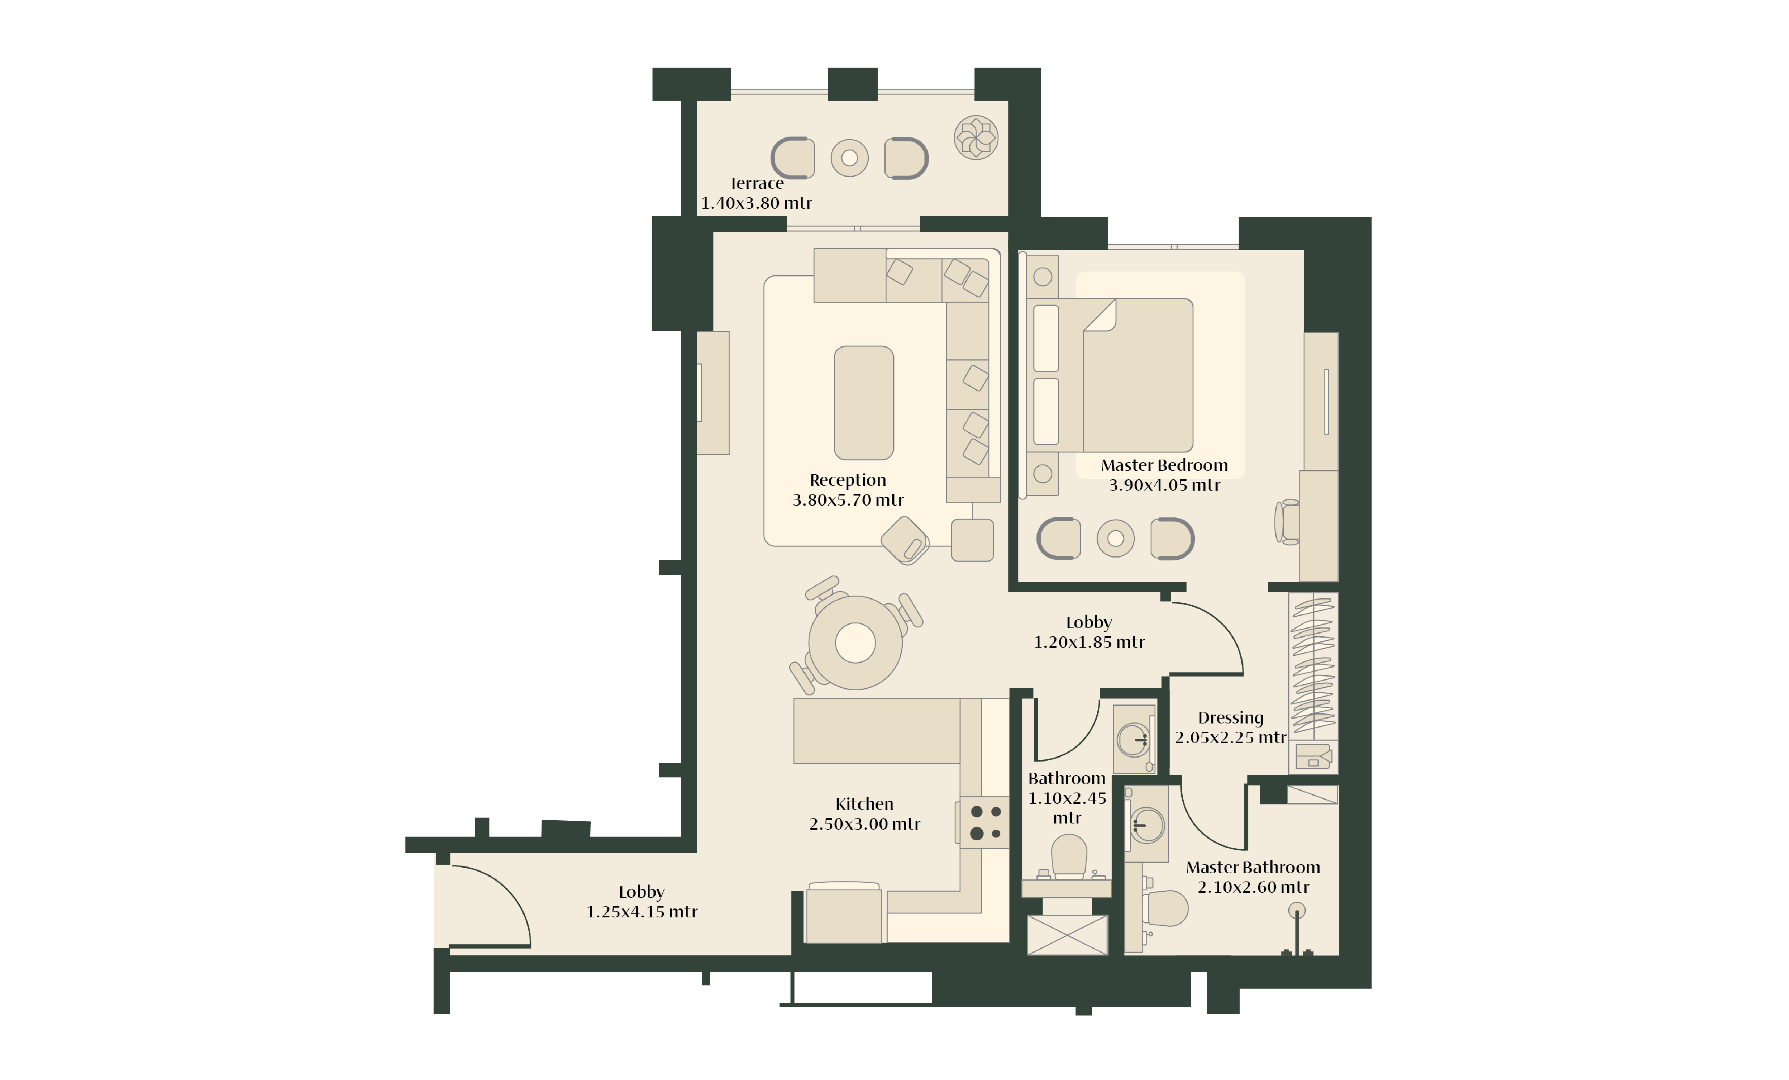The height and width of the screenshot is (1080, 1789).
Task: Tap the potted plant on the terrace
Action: [x=976, y=137]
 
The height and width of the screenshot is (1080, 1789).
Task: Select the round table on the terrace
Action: [x=849, y=158]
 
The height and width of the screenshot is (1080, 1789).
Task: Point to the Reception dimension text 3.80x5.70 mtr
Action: [x=848, y=500]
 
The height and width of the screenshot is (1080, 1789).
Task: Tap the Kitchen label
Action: [x=864, y=804]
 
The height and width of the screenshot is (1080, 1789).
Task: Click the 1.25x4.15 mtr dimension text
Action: [x=642, y=912]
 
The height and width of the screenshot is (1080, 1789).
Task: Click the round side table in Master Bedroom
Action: [x=1115, y=538]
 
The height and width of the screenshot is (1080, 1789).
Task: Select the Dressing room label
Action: [x=1231, y=718]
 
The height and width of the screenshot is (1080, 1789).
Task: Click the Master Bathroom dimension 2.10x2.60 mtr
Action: [x=1253, y=887]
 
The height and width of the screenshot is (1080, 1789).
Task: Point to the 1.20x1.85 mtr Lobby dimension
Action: [x=1089, y=642]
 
